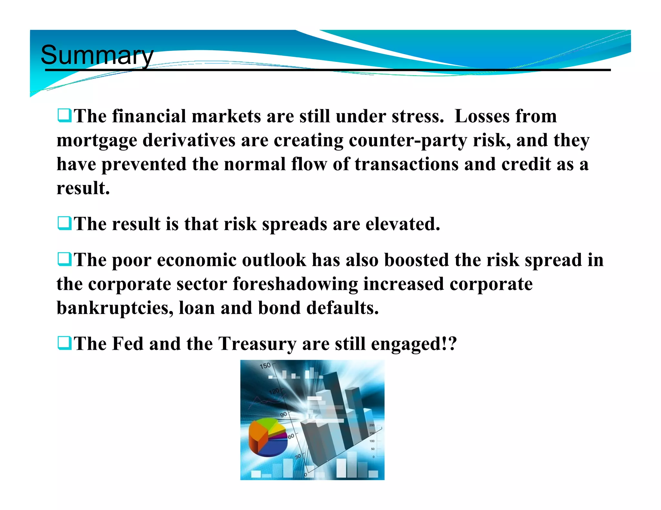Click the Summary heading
pyautogui.click(x=97, y=55)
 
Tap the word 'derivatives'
pyautogui.click(x=189, y=141)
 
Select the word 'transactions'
pyautogui.click(x=407, y=164)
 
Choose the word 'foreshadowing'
pyautogui.click(x=295, y=284)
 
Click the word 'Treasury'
pyautogui.click(x=257, y=344)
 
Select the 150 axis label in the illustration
pyautogui.click(x=265, y=366)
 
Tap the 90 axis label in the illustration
pyautogui.click(x=283, y=415)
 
